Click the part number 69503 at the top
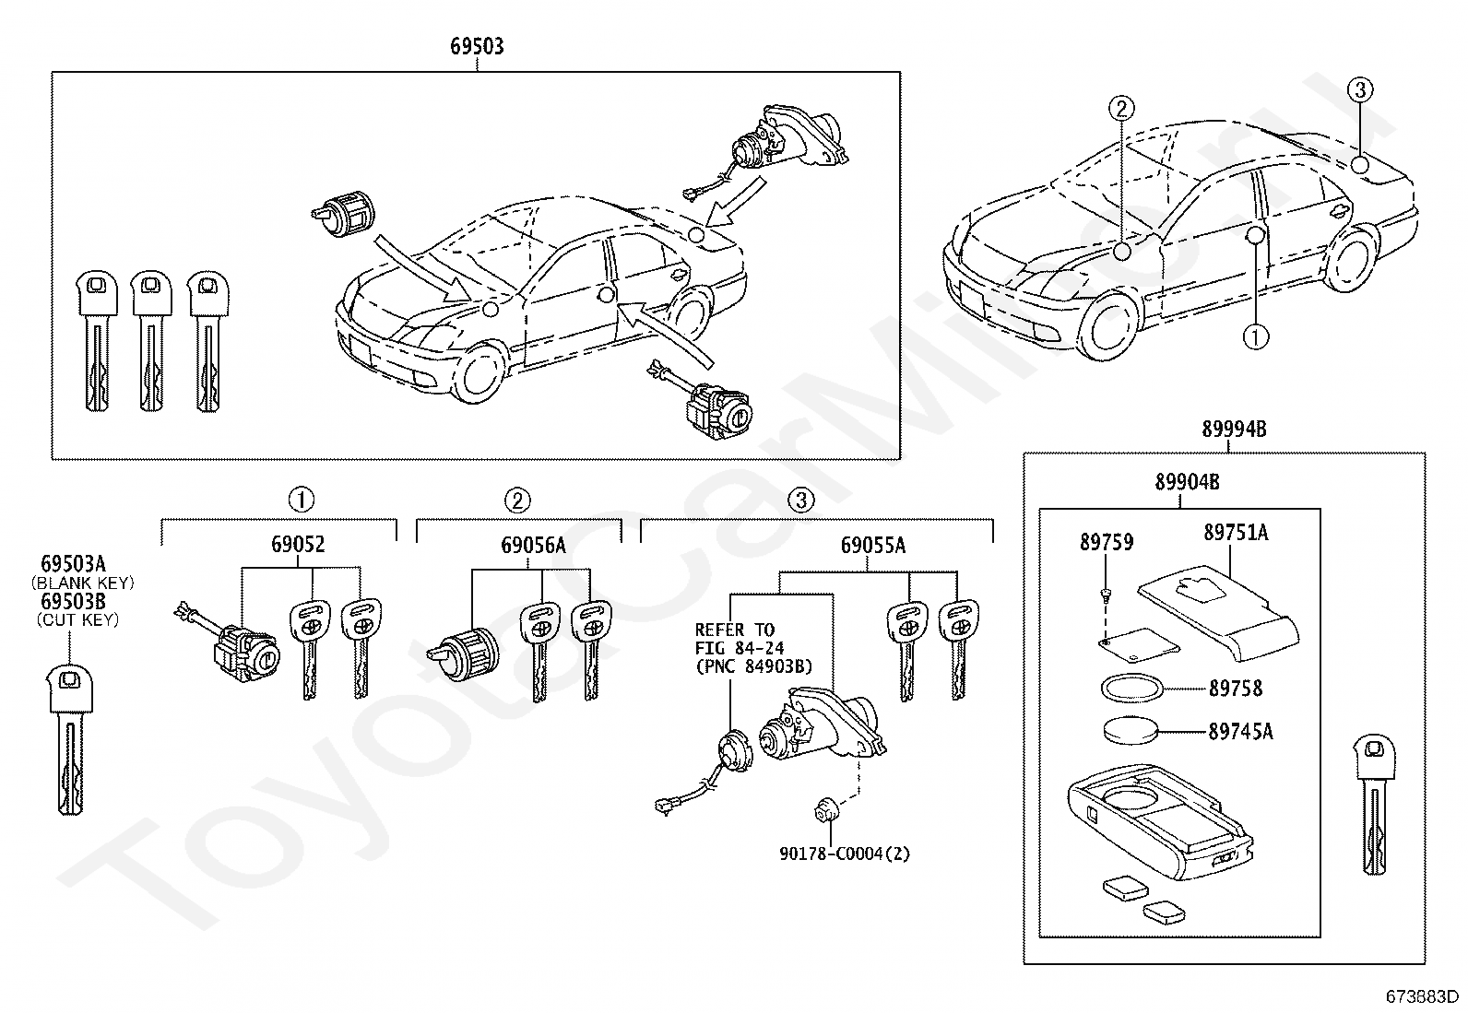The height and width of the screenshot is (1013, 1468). coord(477,46)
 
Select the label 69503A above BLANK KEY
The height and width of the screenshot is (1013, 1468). coord(73,563)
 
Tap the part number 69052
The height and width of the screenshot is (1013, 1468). coord(298,544)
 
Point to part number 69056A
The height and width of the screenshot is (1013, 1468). coord(533,545)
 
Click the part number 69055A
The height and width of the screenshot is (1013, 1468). coord(873,545)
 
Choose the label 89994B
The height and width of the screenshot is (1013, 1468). coord(1234,430)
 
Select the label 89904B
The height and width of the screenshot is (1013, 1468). coord(1187,482)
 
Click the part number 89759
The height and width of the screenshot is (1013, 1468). coord(1107,543)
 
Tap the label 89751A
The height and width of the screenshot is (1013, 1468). coord(1236,533)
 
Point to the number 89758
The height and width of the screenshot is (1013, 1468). coord(1236,689)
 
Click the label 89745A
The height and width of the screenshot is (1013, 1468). coord(1240,731)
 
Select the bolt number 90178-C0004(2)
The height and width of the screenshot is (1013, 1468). coord(845,854)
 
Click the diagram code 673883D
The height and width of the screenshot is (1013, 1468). coord(1421,996)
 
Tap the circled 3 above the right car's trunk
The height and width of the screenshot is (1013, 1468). coord(1360,89)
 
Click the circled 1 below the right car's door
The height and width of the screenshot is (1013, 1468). coord(1256,337)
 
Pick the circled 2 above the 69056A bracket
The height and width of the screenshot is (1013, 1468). coord(517,501)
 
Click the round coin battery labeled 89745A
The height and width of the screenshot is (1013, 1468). coord(1131,731)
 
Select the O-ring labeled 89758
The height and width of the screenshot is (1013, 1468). coord(1131,689)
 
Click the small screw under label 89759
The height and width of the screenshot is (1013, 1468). coord(1107,595)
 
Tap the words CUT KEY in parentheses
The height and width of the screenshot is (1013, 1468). coord(78,619)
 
